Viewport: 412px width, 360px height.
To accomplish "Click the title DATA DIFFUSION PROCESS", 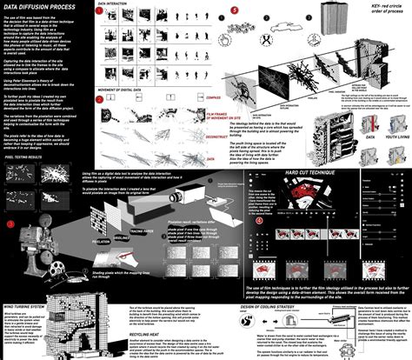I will (40, 7).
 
